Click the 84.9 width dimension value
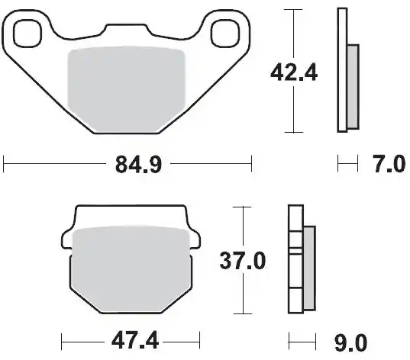point(139,164)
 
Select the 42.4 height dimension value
point(294,72)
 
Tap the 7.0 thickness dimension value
point(389,164)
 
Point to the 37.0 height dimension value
point(243,260)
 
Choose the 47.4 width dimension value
point(135,341)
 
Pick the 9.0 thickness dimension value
point(351,342)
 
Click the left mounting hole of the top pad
point(27,34)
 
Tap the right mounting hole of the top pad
point(225,34)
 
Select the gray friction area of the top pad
point(126,89)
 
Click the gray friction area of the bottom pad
point(131,269)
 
